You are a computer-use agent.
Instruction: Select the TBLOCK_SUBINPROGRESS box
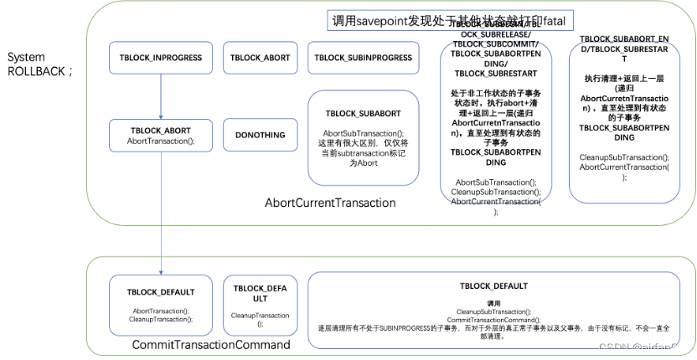[x=363, y=58]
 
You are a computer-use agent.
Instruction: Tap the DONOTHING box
[x=260, y=135]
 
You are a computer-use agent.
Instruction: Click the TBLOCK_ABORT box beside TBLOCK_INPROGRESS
[x=260, y=58]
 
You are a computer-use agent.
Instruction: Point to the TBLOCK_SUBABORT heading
[x=363, y=112]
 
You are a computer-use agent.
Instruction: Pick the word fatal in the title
[x=560, y=20]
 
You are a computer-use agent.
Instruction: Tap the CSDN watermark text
[x=642, y=347]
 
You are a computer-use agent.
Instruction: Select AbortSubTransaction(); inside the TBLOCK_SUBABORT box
[x=363, y=133]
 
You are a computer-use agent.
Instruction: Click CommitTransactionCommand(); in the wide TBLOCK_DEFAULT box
[x=493, y=319]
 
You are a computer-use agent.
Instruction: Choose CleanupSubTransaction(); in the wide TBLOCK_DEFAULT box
[x=493, y=311]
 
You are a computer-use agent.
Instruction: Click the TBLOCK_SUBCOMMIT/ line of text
[x=496, y=44]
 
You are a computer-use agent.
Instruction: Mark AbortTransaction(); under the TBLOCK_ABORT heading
[x=161, y=141]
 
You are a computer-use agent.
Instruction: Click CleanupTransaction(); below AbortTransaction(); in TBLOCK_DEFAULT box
[x=161, y=319]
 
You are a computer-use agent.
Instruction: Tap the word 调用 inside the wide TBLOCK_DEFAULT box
[x=493, y=302]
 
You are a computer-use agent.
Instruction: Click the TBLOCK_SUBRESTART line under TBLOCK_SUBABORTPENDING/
[x=496, y=73]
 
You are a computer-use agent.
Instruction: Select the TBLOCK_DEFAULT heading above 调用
[x=493, y=286]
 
